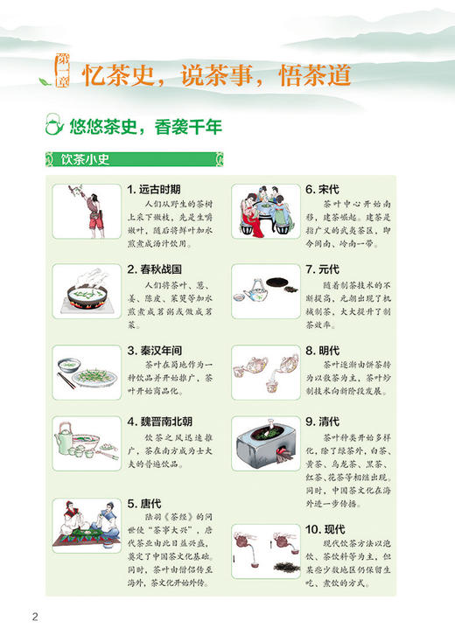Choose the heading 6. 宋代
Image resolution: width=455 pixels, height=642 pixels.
(x=322, y=189)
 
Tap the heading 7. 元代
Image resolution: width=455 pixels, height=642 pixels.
(x=322, y=269)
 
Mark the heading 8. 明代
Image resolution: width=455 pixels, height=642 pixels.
(x=322, y=351)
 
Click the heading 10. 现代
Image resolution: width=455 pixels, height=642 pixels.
(x=325, y=529)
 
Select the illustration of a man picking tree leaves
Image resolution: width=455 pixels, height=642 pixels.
(x=86, y=212)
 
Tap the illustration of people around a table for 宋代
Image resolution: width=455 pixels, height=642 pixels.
(x=265, y=213)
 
